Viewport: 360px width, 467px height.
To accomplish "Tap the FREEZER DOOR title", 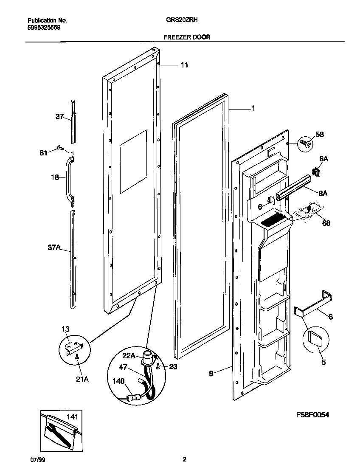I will [x=187, y=37].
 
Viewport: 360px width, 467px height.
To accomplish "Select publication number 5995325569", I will [x=44, y=27].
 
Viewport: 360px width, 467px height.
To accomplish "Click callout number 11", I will [x=184, y=65].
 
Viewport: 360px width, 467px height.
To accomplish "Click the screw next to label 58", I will [x=304, y=143].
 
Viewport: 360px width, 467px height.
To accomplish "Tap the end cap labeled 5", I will [x=315, y=338].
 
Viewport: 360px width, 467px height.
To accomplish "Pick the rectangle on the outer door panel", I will [x=133, y=162].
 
